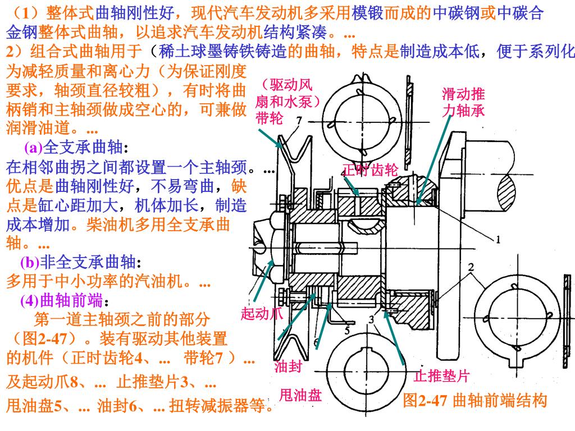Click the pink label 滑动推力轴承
click(x=463, y=102)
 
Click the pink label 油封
click(x=289, y=366)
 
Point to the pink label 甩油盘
click(x=300, y=396)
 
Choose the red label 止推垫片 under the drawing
click(x=441, y=375)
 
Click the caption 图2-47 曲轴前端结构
click(x=475, y=400)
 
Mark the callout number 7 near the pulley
click(x=299, y=120)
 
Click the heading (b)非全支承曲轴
click(x=81, y=262)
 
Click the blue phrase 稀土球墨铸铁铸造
click(x=223, y=52)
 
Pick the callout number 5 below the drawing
click(x=348, y=331)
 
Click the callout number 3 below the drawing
click(x=371, y=320)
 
